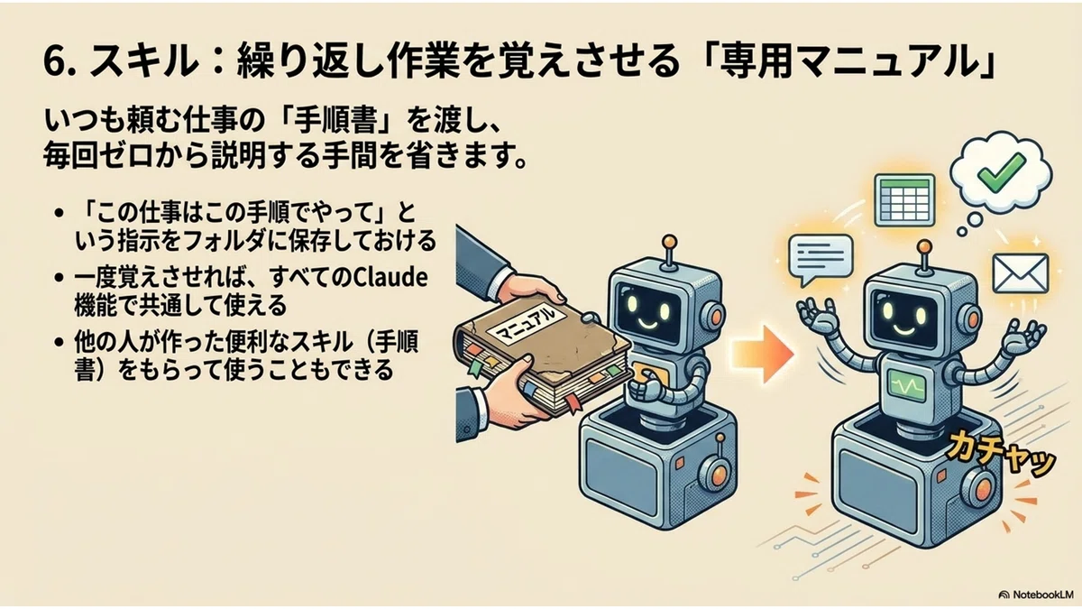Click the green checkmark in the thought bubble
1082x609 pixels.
[x=1000, y=172]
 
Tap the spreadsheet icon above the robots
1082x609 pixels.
[x=904, y=200]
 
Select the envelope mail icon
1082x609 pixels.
[x=1020, y=273]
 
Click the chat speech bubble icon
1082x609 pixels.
[x=821, y=260]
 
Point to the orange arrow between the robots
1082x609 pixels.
[x=763, y=355]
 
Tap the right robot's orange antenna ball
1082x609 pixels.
[x=924, y=246]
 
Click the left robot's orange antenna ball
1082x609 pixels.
[x=669, y=242]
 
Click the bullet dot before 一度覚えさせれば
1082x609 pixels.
[x=60, y=278]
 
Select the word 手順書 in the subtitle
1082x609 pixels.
[x=335, y=121]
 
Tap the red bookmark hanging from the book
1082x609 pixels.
[x=573, y=404]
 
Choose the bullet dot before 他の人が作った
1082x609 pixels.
[x=60, y=342]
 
